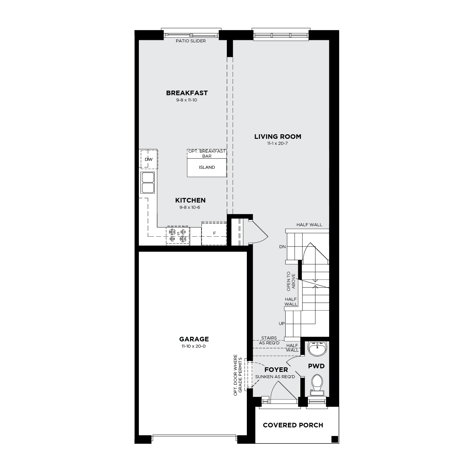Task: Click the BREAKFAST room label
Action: click(x=187, y=93)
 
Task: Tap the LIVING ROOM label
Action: click(x=278, y=137)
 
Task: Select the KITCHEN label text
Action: click(x=190, y=200)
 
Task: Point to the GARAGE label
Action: click(x=194, y=339)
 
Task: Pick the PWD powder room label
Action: click(x=316, y=366)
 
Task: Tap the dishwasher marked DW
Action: click(x=149, y=159)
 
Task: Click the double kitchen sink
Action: click(x=148, y=183)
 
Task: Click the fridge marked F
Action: click(x=214, y=233)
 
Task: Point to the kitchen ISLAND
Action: click(x=206, y=167)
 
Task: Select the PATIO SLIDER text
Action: click(x=191, y=41)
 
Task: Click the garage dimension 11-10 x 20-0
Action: click(x=194, y=346)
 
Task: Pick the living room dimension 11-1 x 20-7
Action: click(x=277, y=143)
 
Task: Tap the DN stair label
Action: click(x=282, y=247)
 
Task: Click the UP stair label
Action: click(x=282, y=323)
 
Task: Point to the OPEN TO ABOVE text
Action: click(x=291, y=281)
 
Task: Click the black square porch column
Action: click(x=334, y=439)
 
